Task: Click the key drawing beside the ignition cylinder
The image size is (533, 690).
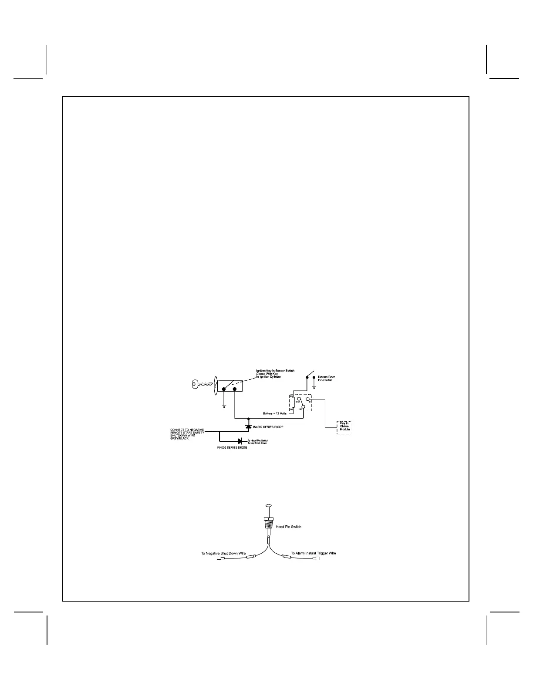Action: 201,384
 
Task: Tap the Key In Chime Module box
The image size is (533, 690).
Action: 344,426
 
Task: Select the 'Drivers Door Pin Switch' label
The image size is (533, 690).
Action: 326,379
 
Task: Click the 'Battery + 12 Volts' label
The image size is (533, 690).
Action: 275,413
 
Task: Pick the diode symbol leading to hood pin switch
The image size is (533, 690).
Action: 240,442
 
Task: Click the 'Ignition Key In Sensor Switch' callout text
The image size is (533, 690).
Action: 275,374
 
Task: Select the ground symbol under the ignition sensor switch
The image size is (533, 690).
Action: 224,406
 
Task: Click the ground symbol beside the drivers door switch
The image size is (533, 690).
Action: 314,386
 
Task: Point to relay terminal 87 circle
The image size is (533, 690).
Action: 308,399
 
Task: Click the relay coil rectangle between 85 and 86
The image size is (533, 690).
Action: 293,402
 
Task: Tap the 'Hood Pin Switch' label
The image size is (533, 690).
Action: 289,527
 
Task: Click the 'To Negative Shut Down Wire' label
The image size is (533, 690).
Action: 223,553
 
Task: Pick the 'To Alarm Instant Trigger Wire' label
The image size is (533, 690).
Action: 313,553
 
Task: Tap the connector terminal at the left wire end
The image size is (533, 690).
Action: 220,558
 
